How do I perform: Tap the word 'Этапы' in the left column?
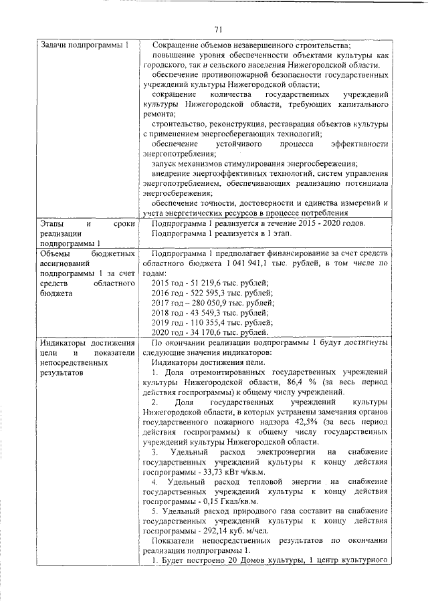[x=53, y=223]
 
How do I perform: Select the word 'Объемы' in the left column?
[x=55, y=255]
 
